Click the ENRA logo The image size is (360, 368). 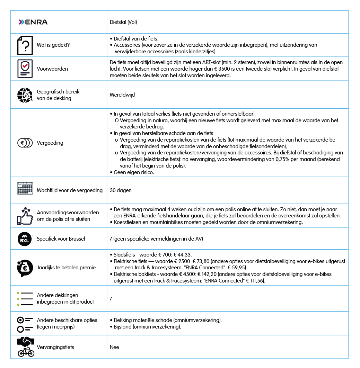click(33, 22)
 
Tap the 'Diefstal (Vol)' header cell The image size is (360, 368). click(124, 22)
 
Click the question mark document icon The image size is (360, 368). click(25, 45)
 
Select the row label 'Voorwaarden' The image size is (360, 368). click(52, 69)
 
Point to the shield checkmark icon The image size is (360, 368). click(25, 69)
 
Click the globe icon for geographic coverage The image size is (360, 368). click(25, 95)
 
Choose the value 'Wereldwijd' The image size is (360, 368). click(122, 95)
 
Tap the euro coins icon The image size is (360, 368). click(25, 143)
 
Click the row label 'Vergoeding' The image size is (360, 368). click(50, 143)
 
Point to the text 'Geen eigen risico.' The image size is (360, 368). click(134, 172)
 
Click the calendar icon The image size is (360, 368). click(25, 189)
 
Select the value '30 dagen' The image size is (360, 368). click(120, 190)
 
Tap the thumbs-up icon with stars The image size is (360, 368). click(25, 215)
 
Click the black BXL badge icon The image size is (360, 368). click(25, 239)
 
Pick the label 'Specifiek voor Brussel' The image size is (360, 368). click(61, 239)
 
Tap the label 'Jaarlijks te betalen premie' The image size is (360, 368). click(66, 267)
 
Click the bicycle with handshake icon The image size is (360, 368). click(26, 347)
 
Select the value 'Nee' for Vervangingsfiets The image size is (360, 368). click(114, 347)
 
